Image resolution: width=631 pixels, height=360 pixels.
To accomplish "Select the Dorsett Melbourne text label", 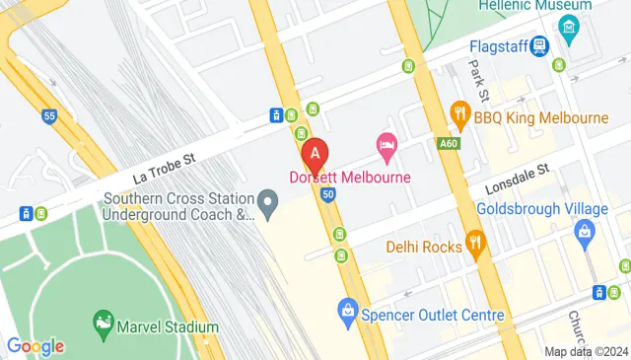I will [350, 178].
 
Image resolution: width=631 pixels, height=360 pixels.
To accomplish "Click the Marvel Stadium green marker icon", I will [103, 323].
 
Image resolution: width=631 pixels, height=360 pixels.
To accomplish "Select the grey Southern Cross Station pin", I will [266, 202].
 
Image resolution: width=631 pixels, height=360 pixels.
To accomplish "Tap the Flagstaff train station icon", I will [539, 45].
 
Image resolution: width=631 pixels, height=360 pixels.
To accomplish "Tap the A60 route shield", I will [449, 143].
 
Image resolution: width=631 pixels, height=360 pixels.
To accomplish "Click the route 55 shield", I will [48, 117].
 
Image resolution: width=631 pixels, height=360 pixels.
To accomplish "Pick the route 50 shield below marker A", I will [327, 194].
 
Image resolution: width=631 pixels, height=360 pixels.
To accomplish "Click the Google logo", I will [35, 345].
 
